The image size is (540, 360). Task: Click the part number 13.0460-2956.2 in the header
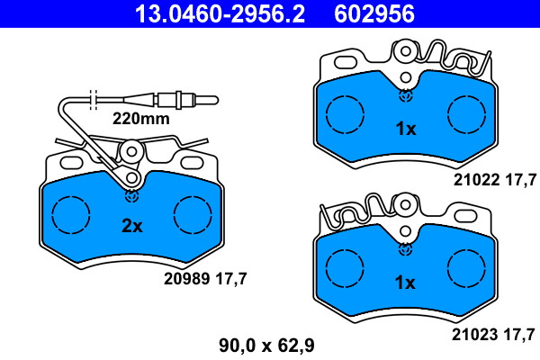click(220, 13)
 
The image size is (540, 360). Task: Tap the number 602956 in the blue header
click(374, 13)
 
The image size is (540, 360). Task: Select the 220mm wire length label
click(141, 119)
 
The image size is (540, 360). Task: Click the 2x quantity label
click(132, 226)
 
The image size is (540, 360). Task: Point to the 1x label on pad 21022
click(406, 129)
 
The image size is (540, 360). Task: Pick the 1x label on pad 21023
click(405, 283)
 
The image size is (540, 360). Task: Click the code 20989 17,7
click(205, 278)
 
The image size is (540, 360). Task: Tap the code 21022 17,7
click(495, 180)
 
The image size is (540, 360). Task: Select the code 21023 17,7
click(493, 335)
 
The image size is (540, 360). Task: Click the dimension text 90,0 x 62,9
click(267, 346)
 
